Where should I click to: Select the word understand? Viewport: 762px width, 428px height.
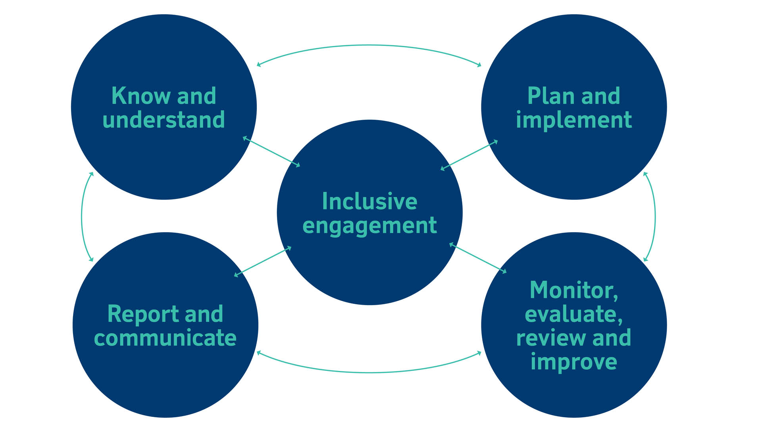click(x=164, y=120)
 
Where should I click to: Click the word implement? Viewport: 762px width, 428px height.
click(x=573, y=120)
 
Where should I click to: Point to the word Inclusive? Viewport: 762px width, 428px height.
click(x=369, y=201)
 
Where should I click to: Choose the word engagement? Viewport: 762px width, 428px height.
click(x=369, y=226)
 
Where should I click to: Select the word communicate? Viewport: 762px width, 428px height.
click(x=165, y=338)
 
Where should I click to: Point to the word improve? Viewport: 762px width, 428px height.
click(x=573, y=362)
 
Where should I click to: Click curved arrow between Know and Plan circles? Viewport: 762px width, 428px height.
click(x=369, y=45)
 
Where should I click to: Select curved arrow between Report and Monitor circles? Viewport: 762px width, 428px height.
click(x=369, y=373)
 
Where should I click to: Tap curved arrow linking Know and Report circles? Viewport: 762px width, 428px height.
click(x=82, y=217)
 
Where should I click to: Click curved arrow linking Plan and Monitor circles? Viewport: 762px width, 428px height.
click(x=655, y=217)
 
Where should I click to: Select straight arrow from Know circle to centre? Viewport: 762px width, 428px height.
click(x=271, y=152)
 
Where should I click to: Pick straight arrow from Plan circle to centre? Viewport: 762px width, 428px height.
click(x=469, y=155)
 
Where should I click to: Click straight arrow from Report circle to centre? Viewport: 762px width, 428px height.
click(x=263, y=262)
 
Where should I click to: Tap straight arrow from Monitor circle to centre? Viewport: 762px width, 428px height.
click(x=478, y=258)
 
